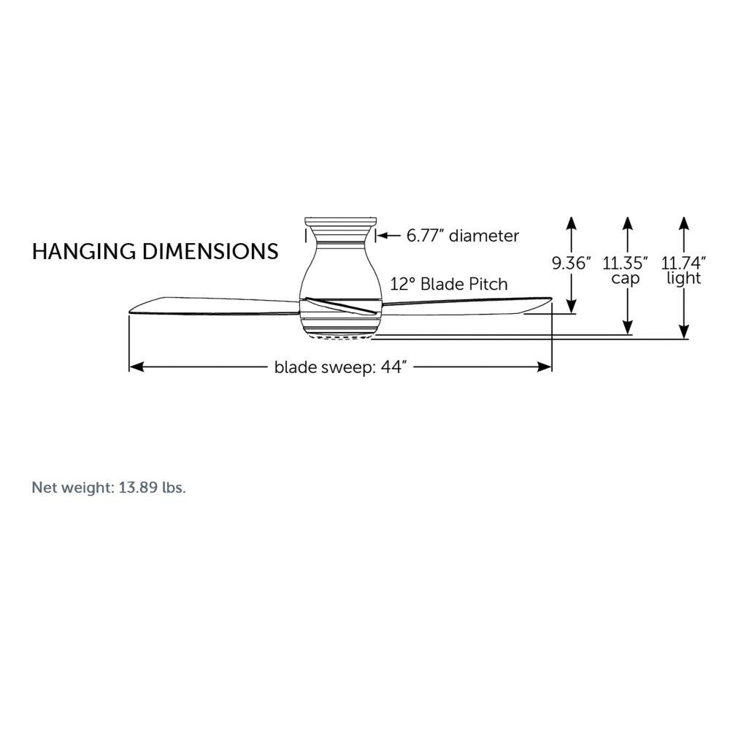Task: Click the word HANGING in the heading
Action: pos(84,251)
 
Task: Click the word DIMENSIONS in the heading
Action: pos(210,251)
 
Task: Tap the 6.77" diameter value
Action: pos(426,236)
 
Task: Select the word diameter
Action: pos(484,236)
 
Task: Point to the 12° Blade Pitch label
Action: pos(449,284)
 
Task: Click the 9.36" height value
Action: pos(572,264)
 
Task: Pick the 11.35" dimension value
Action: pos(626,264)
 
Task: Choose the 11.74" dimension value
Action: pos(683,264)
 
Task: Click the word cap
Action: pos(626,278)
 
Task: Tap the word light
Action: pos(683,278)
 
